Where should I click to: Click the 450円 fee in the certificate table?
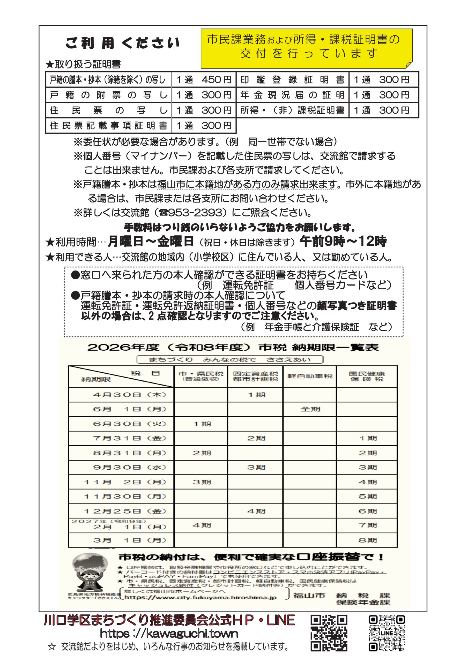click(x=216, y=80)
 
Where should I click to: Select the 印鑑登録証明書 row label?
click(x=292, y=80)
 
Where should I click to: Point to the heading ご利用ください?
click(x=122, y=43)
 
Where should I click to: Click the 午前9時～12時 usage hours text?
click(x=343, y=241)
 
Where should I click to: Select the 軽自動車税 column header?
click(x=310, y=376)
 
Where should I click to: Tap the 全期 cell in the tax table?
click(x=310, y=409)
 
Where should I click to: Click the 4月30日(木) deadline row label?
click(x=130, y=395)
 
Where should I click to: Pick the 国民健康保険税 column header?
click(x=367, y=376)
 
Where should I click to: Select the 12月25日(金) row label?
click(x=125, y=511)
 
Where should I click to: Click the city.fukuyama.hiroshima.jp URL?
click(x=200, y=598)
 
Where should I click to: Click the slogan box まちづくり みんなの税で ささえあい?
click(x=230, y=359)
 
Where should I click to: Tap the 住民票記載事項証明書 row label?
click(x=108, y=125)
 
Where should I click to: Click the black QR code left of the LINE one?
click(x=329, y=633)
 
